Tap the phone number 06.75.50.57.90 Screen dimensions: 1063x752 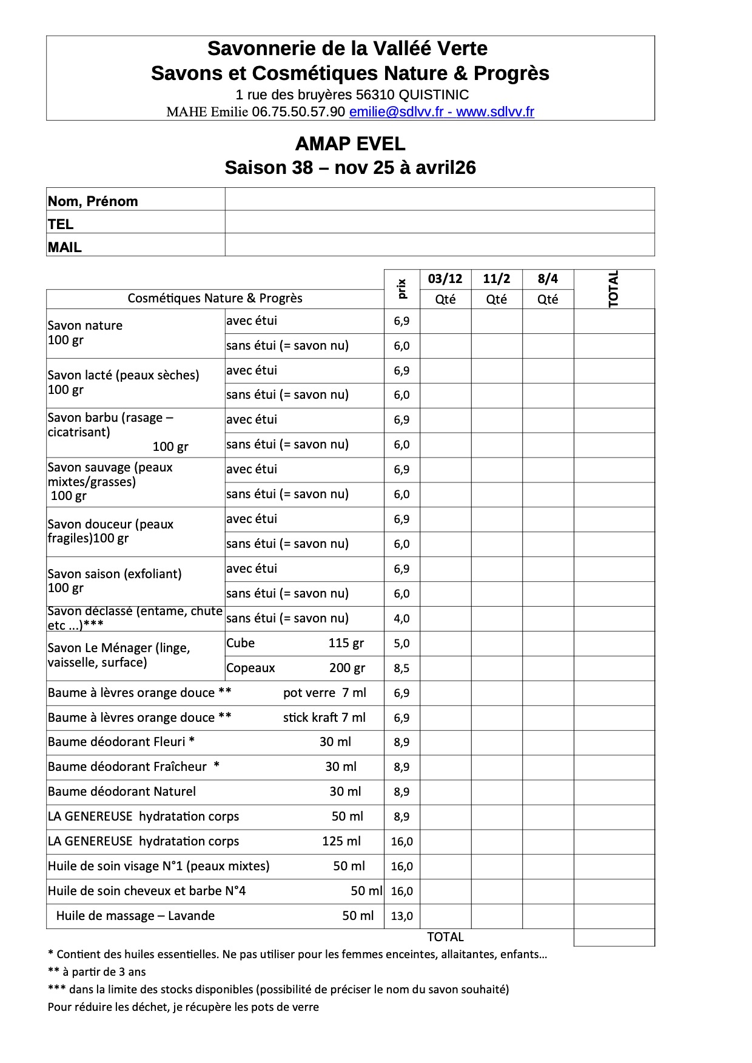(x=298, y=112)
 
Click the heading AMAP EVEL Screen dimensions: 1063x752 (x=350, y=144)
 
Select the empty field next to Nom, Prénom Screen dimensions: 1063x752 (x=439, y=199)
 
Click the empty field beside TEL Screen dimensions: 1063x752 (x=439, y=222)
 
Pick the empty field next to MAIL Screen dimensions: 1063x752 (x=439, y=245)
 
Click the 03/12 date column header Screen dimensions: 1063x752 (x=445, y=279)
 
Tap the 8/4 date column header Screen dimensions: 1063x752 (x=548, y=279)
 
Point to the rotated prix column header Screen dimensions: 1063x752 (x=401, y=288)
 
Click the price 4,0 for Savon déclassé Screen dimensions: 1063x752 (x=401, y=619)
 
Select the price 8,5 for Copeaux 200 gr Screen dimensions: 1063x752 (x=401, y=668)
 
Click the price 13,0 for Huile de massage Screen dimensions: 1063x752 (x=401, y=916)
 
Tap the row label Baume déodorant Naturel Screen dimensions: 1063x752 (x=122, y=791)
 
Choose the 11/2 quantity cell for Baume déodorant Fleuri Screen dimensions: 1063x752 (x=497, y=742)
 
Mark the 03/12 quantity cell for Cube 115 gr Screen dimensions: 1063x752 (x=445, y=644)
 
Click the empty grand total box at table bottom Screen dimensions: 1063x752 (x=614, y=938)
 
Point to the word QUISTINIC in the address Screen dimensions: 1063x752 (x=434, y=95)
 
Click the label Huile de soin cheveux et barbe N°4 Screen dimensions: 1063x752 (x=147, y=891)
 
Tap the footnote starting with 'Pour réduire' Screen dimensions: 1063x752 (x=183, y=1007)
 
